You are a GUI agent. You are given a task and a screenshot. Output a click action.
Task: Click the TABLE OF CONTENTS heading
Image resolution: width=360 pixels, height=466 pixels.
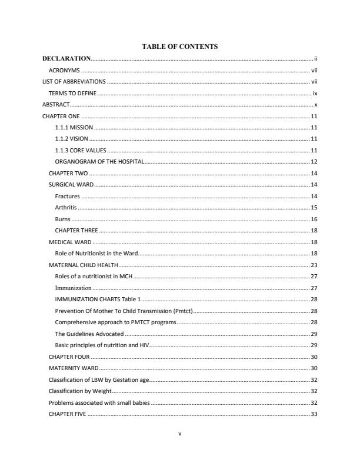click(x=180, y=46)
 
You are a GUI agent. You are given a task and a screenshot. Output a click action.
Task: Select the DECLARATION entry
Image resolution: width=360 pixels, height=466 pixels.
click(x=66, y=59)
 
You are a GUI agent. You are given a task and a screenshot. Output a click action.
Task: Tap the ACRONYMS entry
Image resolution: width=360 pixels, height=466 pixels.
click(x=64, y=70)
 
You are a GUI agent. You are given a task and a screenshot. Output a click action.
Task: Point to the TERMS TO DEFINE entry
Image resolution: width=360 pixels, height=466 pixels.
click(x=72, y=93)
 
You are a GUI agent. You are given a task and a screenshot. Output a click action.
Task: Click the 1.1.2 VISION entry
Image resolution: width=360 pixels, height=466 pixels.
click(x=71, y=139)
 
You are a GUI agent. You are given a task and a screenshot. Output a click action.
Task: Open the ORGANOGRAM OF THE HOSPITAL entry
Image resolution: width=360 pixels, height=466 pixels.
click(x=99, y=162)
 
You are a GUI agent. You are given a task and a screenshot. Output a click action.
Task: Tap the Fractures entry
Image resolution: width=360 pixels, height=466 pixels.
click(x=67, y=196)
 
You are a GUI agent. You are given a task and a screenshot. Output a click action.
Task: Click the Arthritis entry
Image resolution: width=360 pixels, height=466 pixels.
click(x=66, y=208)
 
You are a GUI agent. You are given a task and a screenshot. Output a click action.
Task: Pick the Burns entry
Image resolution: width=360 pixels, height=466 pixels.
click(x=62, y=219)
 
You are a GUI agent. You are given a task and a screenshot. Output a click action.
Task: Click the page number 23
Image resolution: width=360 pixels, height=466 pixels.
click(x=314, y=265)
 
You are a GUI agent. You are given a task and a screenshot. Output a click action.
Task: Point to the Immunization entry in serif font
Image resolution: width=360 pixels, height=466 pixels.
click(x=73, y=288)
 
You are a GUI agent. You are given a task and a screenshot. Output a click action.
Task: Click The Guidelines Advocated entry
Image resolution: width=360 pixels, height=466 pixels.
click(x=89, y=334)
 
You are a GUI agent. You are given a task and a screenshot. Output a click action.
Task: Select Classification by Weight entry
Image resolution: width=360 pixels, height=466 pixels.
click(x=79, y=391)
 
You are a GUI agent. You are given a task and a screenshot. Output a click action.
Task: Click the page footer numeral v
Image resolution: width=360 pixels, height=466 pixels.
click(x=180, y=434)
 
